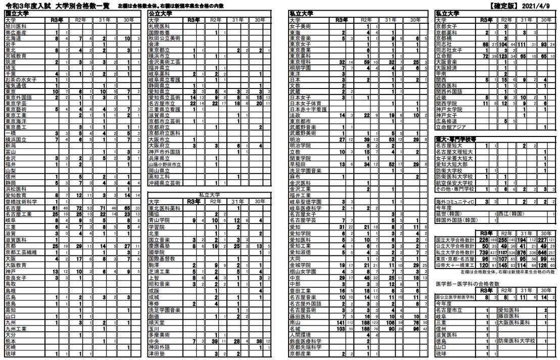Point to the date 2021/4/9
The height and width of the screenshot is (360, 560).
(538, 5)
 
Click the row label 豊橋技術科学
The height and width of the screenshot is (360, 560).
(22, 201)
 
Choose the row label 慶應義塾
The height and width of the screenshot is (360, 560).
(160, 246)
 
